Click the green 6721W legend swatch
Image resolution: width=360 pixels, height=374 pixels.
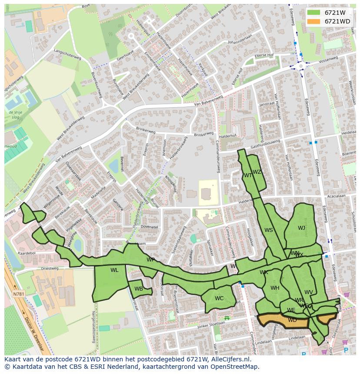(313, 13)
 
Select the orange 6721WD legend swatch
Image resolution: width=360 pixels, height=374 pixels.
(313, 21)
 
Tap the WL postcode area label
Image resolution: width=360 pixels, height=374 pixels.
(114, 270)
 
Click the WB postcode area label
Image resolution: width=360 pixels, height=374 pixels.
(139, 289)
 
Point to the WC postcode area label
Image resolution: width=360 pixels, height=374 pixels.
(219, 298)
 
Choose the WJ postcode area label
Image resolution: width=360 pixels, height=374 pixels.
(301, 228)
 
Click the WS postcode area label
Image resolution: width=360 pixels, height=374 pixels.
(269, 230)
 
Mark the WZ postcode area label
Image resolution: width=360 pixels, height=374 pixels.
(257, 172)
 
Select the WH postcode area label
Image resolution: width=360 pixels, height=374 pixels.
(275, 288)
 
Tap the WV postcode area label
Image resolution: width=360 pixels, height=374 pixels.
(309, 292)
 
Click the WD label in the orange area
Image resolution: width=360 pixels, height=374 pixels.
(292, 320)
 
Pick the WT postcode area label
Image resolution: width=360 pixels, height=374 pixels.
(248, 175)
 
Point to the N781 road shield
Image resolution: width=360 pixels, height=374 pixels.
(19, 294)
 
